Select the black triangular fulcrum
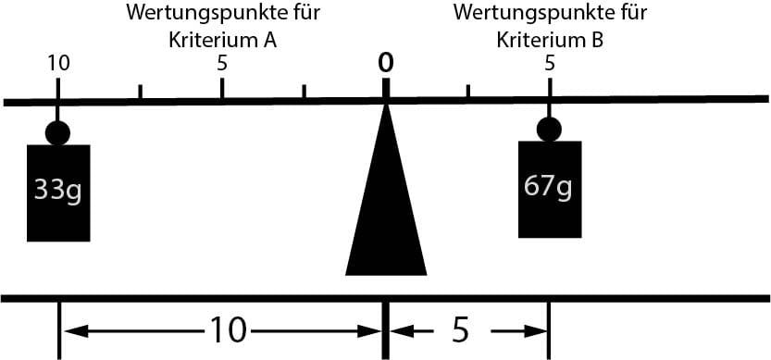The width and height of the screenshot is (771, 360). [x=386, y=213]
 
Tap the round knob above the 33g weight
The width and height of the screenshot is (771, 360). [x=58, y=133]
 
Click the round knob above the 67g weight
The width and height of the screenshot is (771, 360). [x=549, y=130]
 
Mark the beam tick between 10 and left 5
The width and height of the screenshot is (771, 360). [x=140, y=93]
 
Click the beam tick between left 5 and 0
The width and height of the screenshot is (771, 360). [x=304, y=92]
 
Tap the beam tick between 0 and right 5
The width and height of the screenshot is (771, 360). [x=467, y=92]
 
